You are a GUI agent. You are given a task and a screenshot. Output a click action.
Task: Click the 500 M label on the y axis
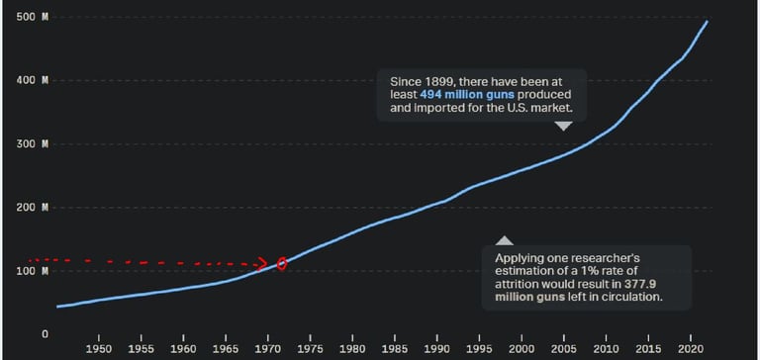39,18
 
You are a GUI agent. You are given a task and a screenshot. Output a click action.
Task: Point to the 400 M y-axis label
39,80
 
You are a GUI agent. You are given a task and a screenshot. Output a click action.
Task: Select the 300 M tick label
39,144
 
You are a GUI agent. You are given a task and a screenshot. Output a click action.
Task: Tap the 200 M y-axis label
39,208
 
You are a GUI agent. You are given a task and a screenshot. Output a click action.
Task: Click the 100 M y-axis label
39,271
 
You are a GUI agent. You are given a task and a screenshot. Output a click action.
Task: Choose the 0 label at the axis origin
45,334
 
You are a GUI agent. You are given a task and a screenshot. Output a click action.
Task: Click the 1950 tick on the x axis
99,349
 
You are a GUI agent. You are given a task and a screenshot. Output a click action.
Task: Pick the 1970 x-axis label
268,349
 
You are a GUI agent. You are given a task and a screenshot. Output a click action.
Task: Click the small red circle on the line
282,264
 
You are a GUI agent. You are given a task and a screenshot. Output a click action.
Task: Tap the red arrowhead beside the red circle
264,264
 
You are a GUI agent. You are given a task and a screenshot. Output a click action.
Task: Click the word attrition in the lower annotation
523,283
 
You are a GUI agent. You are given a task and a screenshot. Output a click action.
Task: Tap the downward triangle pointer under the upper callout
563,126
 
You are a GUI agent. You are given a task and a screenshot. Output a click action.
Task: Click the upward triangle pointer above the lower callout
505,240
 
